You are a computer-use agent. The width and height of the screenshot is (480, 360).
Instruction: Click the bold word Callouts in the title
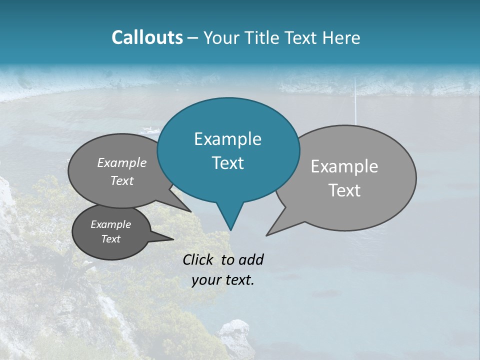[x=147, y=37]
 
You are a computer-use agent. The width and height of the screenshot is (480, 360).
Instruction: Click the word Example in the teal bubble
[x=227, y=139]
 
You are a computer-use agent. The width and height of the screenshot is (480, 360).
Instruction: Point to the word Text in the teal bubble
[x=227, y=163]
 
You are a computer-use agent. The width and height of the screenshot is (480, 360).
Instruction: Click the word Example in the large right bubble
[x=344, y=166]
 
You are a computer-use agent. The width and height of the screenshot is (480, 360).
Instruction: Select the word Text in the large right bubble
[x=344, y=190]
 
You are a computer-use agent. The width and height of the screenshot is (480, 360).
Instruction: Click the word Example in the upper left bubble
[x=121, y=162]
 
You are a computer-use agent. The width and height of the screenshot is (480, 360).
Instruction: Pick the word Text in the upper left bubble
[x=121, y=180]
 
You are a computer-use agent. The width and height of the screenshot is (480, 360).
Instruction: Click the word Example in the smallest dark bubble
[x=110, y=224]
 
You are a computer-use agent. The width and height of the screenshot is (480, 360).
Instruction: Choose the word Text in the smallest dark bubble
[x=110, y=239]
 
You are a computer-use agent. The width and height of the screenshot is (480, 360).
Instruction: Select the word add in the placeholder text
[x=251, y=259]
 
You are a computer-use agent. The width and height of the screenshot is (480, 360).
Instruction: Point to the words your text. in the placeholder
[x=223, y=280]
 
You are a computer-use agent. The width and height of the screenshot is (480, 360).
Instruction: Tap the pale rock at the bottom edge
[x=234, y=338]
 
